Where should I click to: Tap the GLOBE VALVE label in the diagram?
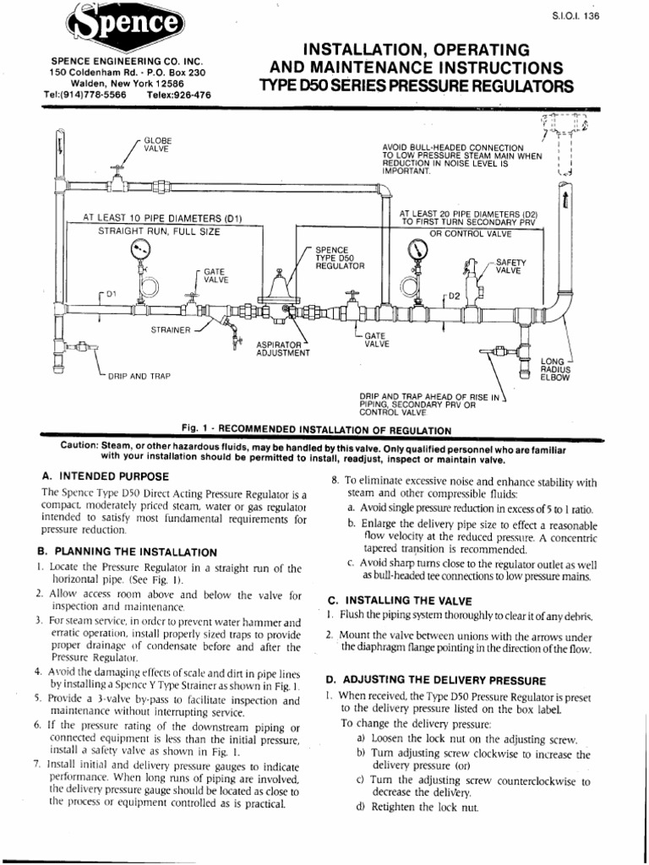click(x=156, y=144)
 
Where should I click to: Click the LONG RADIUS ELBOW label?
click(x=555, y=369)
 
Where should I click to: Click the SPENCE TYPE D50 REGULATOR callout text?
click(x=339, y=258)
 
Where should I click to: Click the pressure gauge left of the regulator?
click(x=139, y=249)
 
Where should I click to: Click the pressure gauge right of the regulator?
click(x=417, y=249)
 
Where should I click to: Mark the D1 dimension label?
click(x=110, y=294)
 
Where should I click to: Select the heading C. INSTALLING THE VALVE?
click(x=398, y=600)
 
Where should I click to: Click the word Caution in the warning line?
click(x=82, y=445)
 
